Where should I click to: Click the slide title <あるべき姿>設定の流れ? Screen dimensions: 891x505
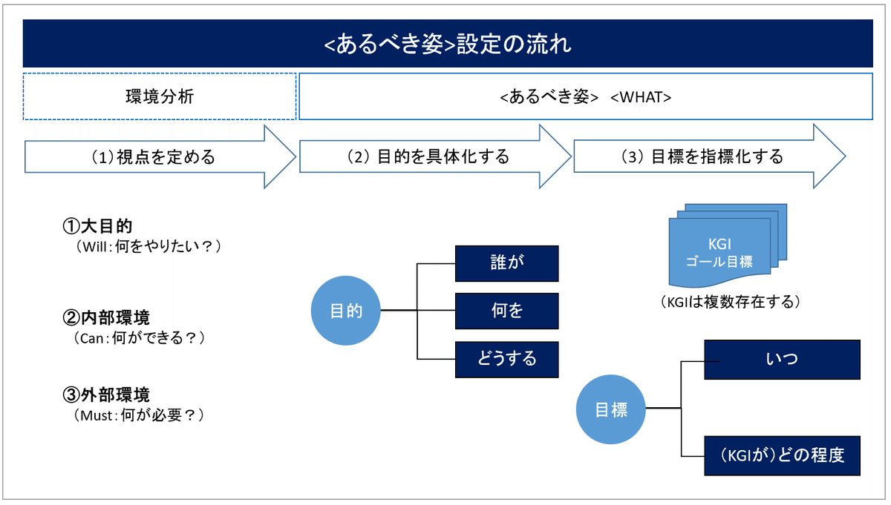448,44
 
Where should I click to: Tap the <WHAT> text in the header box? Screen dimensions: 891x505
640,97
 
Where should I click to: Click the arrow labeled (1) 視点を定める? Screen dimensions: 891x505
160,156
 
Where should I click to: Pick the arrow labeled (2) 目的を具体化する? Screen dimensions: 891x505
435,156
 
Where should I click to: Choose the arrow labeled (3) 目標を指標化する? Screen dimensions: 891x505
710,156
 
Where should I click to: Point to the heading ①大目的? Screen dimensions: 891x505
97,226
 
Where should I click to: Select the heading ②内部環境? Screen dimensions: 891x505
106,317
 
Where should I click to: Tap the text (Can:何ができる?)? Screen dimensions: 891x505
139,337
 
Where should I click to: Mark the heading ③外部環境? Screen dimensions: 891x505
106,395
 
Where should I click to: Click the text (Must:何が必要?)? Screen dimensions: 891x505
138,415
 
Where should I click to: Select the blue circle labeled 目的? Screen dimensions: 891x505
346,310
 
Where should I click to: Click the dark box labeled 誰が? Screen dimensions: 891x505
506,263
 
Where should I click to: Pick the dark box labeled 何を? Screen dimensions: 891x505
506,311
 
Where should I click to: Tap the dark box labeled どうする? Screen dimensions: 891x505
506,359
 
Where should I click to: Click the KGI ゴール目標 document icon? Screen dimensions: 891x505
728,245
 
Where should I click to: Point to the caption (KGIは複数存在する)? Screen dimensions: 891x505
731,302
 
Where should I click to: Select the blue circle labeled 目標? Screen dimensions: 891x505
610,409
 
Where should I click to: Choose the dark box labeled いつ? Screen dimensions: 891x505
782,360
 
